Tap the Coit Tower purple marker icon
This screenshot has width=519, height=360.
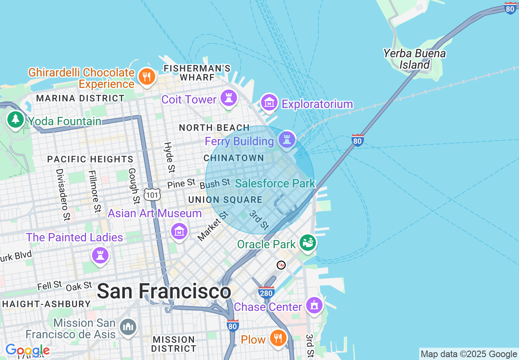pyautogui.click(x=228, y=98)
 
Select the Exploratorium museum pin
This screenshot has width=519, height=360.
pyautogui.click(x=269, y=103)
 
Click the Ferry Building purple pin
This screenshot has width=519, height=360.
pyautogui.click(x=287, y=140)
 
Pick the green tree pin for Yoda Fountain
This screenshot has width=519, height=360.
pyautogui.click(x=16, y=119)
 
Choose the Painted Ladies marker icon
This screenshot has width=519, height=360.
pyautogui.click(x=100, y=255)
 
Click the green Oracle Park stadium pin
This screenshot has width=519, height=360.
pyautogui.click(x=308, y=243)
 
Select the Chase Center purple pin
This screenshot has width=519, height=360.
pyautogui.click(x=314, y=305)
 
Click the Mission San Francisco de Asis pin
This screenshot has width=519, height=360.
pyautogui.click(x=128, y=326)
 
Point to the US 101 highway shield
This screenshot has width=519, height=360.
pyautogui.click(x=152, y=195)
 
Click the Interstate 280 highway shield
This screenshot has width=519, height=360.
pyautogui.click(x=266, y=292)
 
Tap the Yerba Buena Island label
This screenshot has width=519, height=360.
pyautogui.click(x=414, y=59)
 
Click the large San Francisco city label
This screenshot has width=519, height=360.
pyautogui.click(x=164, y=292)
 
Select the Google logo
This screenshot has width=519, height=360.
pyautogui.click(x=27, y=350)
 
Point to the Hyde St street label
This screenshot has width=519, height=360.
pyautogui.click(x=169, y=157)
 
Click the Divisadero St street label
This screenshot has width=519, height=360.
pyautogui.click(x=62, y=189)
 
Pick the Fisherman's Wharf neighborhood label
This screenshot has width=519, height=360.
pyautogui.click(x=197, y=72)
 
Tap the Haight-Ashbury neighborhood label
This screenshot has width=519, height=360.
pyautogui.click(x=46, y=304)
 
